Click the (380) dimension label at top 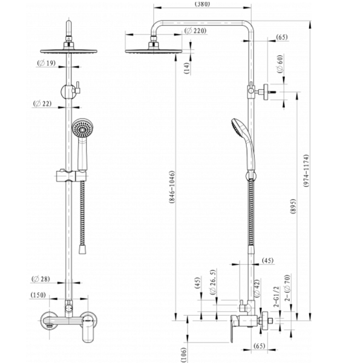click(203, 4)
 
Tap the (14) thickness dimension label click(187, 68)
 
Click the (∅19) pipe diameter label click(47, 62)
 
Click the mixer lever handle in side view click(232, 330)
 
